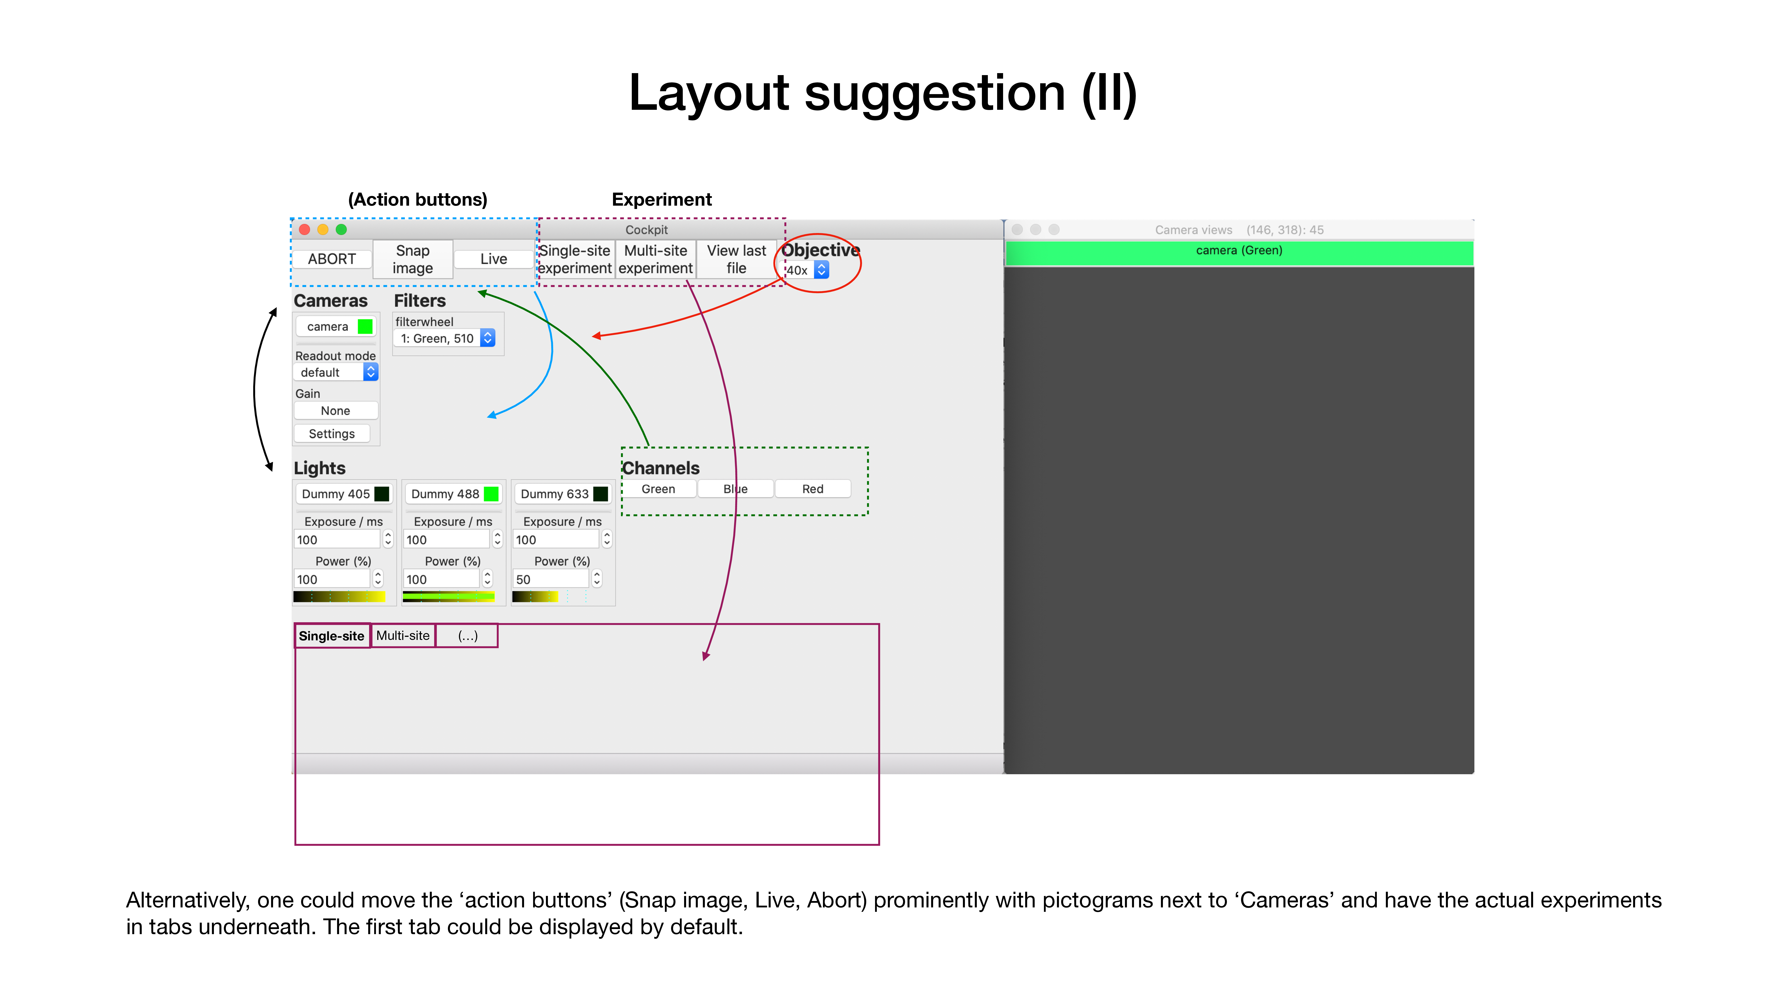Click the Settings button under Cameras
coord(332,434)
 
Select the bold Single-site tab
coord(332,636)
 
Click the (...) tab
coord(468,636)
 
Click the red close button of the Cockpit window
coord(304,230)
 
